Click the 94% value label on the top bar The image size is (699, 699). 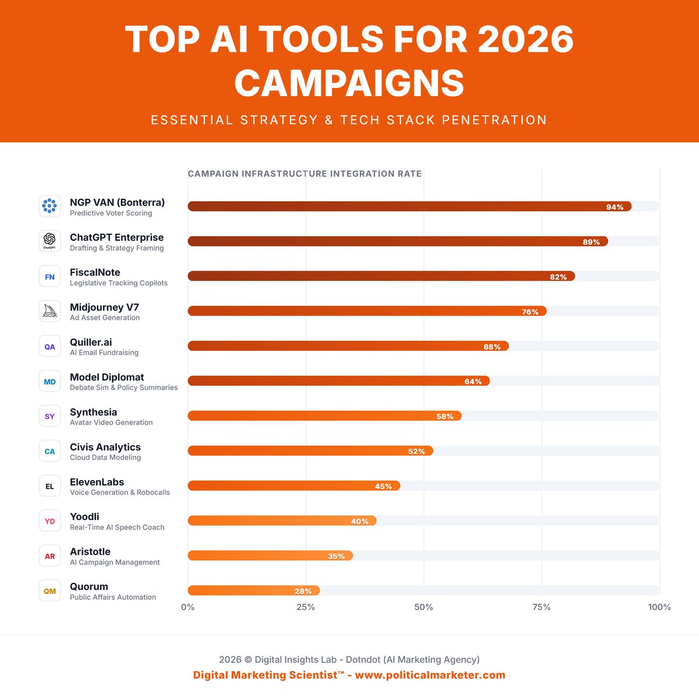click(615, 207)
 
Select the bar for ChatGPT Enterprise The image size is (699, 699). click(397, 241)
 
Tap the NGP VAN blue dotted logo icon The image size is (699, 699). click(50, 206)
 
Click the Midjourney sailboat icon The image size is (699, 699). click(50, 311)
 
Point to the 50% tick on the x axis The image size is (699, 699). click(423, 607)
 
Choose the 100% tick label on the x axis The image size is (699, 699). click(659, 607)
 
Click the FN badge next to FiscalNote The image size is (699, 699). click(50, 276)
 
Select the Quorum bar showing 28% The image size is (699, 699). click(253, 591)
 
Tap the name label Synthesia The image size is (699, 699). click(93, 412)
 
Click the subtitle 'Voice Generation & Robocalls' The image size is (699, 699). click(119, 492)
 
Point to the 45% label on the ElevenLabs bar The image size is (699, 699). click(383, 486)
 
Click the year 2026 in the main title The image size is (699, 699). click(525, 40)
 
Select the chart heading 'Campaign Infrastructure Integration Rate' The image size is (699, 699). click(304, 174)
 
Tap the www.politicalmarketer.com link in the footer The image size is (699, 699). click(430, 675)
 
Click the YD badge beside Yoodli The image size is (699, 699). click(50, 521)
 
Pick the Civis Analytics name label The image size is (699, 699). click(105, 447)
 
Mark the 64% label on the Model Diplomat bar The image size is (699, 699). click(473, 382)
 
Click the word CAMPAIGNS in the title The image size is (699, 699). click(349, 83)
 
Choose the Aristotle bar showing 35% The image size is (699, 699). click(270, 556)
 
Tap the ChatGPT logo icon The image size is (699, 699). click(50, 241)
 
